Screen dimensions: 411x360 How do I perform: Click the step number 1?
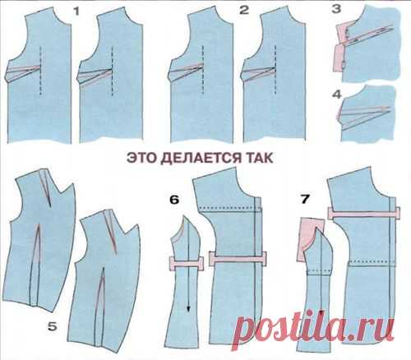click(76, 12)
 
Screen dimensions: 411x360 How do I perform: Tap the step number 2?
click(244, 10)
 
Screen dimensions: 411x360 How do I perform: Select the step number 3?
click(336, 9)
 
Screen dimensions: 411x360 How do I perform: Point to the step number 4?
click(337, 95)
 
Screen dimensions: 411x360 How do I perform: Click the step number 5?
click(53, 326)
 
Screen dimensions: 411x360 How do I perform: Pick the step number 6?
click(174, 200)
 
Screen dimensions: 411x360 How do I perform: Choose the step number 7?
click(305, 199)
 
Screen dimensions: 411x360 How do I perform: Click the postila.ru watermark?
click(312, 328)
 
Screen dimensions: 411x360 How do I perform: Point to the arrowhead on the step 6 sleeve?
click(188, 308)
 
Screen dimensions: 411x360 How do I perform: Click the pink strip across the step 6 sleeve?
click(187, 263)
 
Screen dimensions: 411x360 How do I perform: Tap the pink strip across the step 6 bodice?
click(238, 259)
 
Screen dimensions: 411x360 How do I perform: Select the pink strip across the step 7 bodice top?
click(364, 213)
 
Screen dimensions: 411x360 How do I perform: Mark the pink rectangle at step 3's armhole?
click(339, 48)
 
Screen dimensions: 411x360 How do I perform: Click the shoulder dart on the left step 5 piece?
click(46, 187)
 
